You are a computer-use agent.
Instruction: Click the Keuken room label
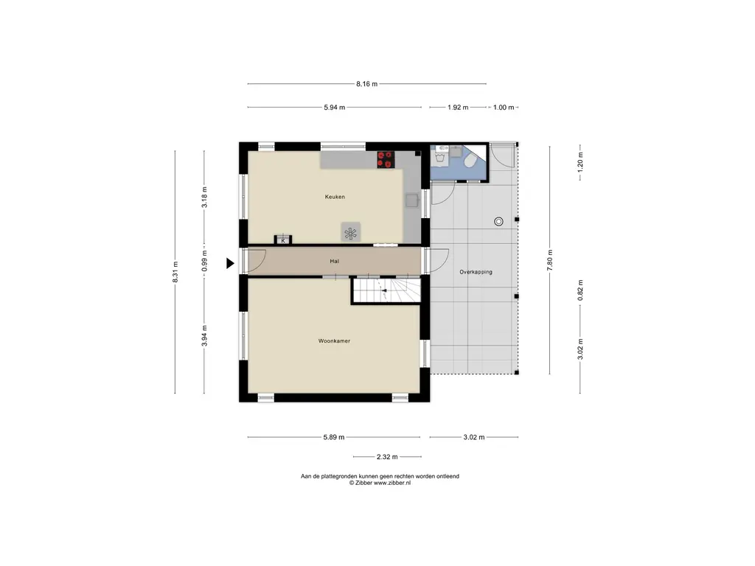tap(335, 197)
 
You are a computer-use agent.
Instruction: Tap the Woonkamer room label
tap(334, 341)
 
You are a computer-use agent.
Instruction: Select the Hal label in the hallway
tap(334, 262)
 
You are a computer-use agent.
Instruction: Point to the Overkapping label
tap(476, 272)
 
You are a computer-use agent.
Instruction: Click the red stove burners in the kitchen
tap(386, 160)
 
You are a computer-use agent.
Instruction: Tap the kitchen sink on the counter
tap(412, 200)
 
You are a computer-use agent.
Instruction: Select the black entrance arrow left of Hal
tap(230, 263)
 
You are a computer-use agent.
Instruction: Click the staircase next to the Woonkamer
tap(386, 290)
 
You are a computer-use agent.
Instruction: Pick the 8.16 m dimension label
tap(367, 84)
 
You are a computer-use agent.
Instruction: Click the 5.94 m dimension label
tap(335, 108)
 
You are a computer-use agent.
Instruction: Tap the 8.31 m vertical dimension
tap(175, 272)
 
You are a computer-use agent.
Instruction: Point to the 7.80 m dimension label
tap(550, 260)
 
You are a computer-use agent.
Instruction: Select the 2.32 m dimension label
tap(387, 457)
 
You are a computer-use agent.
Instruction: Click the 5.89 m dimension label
tap(334, 438)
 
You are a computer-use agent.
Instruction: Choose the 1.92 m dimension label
tap(458, 108)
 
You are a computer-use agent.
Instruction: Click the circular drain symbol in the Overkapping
tap(499, 221)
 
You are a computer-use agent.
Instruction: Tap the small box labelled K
tap(283, 240)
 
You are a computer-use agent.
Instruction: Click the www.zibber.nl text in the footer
tap(392, 483)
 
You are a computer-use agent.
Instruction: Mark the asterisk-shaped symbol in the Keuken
tap(350, 234)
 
